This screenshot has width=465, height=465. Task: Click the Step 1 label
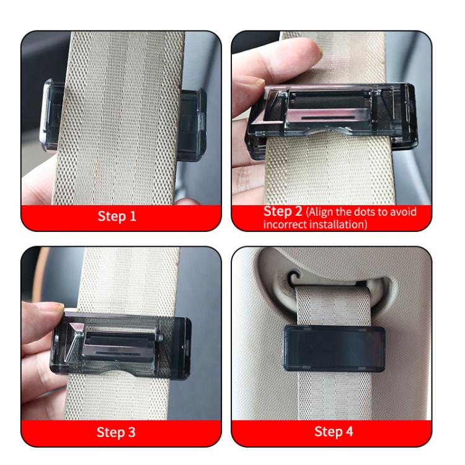[x=117, y=217]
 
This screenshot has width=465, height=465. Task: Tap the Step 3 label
[x=117, y=432]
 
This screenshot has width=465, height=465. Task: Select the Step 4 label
[x=334, y=432]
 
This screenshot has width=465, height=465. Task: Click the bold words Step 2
[x=283, y=211]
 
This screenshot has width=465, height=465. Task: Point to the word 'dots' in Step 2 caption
[x=368, y=212]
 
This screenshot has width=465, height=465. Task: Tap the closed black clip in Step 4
[x=334, y=348]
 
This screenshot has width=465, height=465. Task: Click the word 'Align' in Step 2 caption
[x=320, y=212]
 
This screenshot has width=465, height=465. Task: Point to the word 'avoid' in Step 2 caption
[x=402, y=212]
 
